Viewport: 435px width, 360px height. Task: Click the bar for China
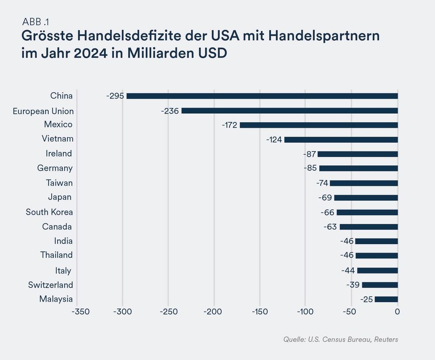pyautogui.click(x=262, y=96)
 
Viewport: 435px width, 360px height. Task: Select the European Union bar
pyautogui.click(x=289, y=111)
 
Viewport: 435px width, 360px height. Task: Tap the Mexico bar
pyautogui.click(x=318, y=125)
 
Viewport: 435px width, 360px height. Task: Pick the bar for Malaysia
pyautogui.click(x=386, y=299)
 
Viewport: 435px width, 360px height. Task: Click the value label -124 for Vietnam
pyautogui.click(x=274, y=140)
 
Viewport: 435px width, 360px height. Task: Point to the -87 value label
pyautogui.click(x=310, y=154)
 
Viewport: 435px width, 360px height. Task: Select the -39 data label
pyautogui.click(x=353, y=285)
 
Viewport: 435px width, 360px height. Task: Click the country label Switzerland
pyautogui.click(x=50, y=285)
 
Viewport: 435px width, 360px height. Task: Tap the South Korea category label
pyautogui.click(x=49, y=212)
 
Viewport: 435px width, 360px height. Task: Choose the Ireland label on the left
pyautogui.click(x=59, y=153)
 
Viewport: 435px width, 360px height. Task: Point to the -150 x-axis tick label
pyautogui.click(x=260, y=312)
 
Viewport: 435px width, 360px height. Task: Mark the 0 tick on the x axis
pyautogui.click(x=397, y=312)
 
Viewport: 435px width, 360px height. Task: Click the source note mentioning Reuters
pyautogui.click(x=340, y=339)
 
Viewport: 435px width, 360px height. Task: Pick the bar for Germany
pyautogui.click(x=358, y=168)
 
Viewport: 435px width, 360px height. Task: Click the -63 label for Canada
pyautogui.click(x=331, y=227)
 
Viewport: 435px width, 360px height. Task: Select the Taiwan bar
pyautogui.click(x=364, y=183)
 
